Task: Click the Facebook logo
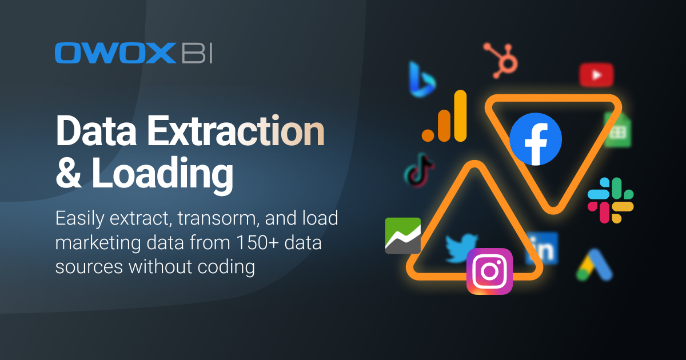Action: (536, 139)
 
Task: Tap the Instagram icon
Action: (489, 271)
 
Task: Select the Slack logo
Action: (611, 201)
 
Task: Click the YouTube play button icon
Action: (596, 75)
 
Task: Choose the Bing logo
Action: (422, 79)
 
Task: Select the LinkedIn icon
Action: (542, 248)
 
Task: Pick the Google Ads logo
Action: (595, 265)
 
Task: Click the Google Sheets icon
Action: (618, 130)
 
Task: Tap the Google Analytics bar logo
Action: (444, 116)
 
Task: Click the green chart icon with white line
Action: (403, 235)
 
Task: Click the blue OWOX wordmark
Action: (115, 53)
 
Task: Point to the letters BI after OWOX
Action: (197, 53)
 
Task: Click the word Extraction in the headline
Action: (236, 131)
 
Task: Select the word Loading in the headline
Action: (162, 174)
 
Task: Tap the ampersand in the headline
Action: (68, 173)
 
